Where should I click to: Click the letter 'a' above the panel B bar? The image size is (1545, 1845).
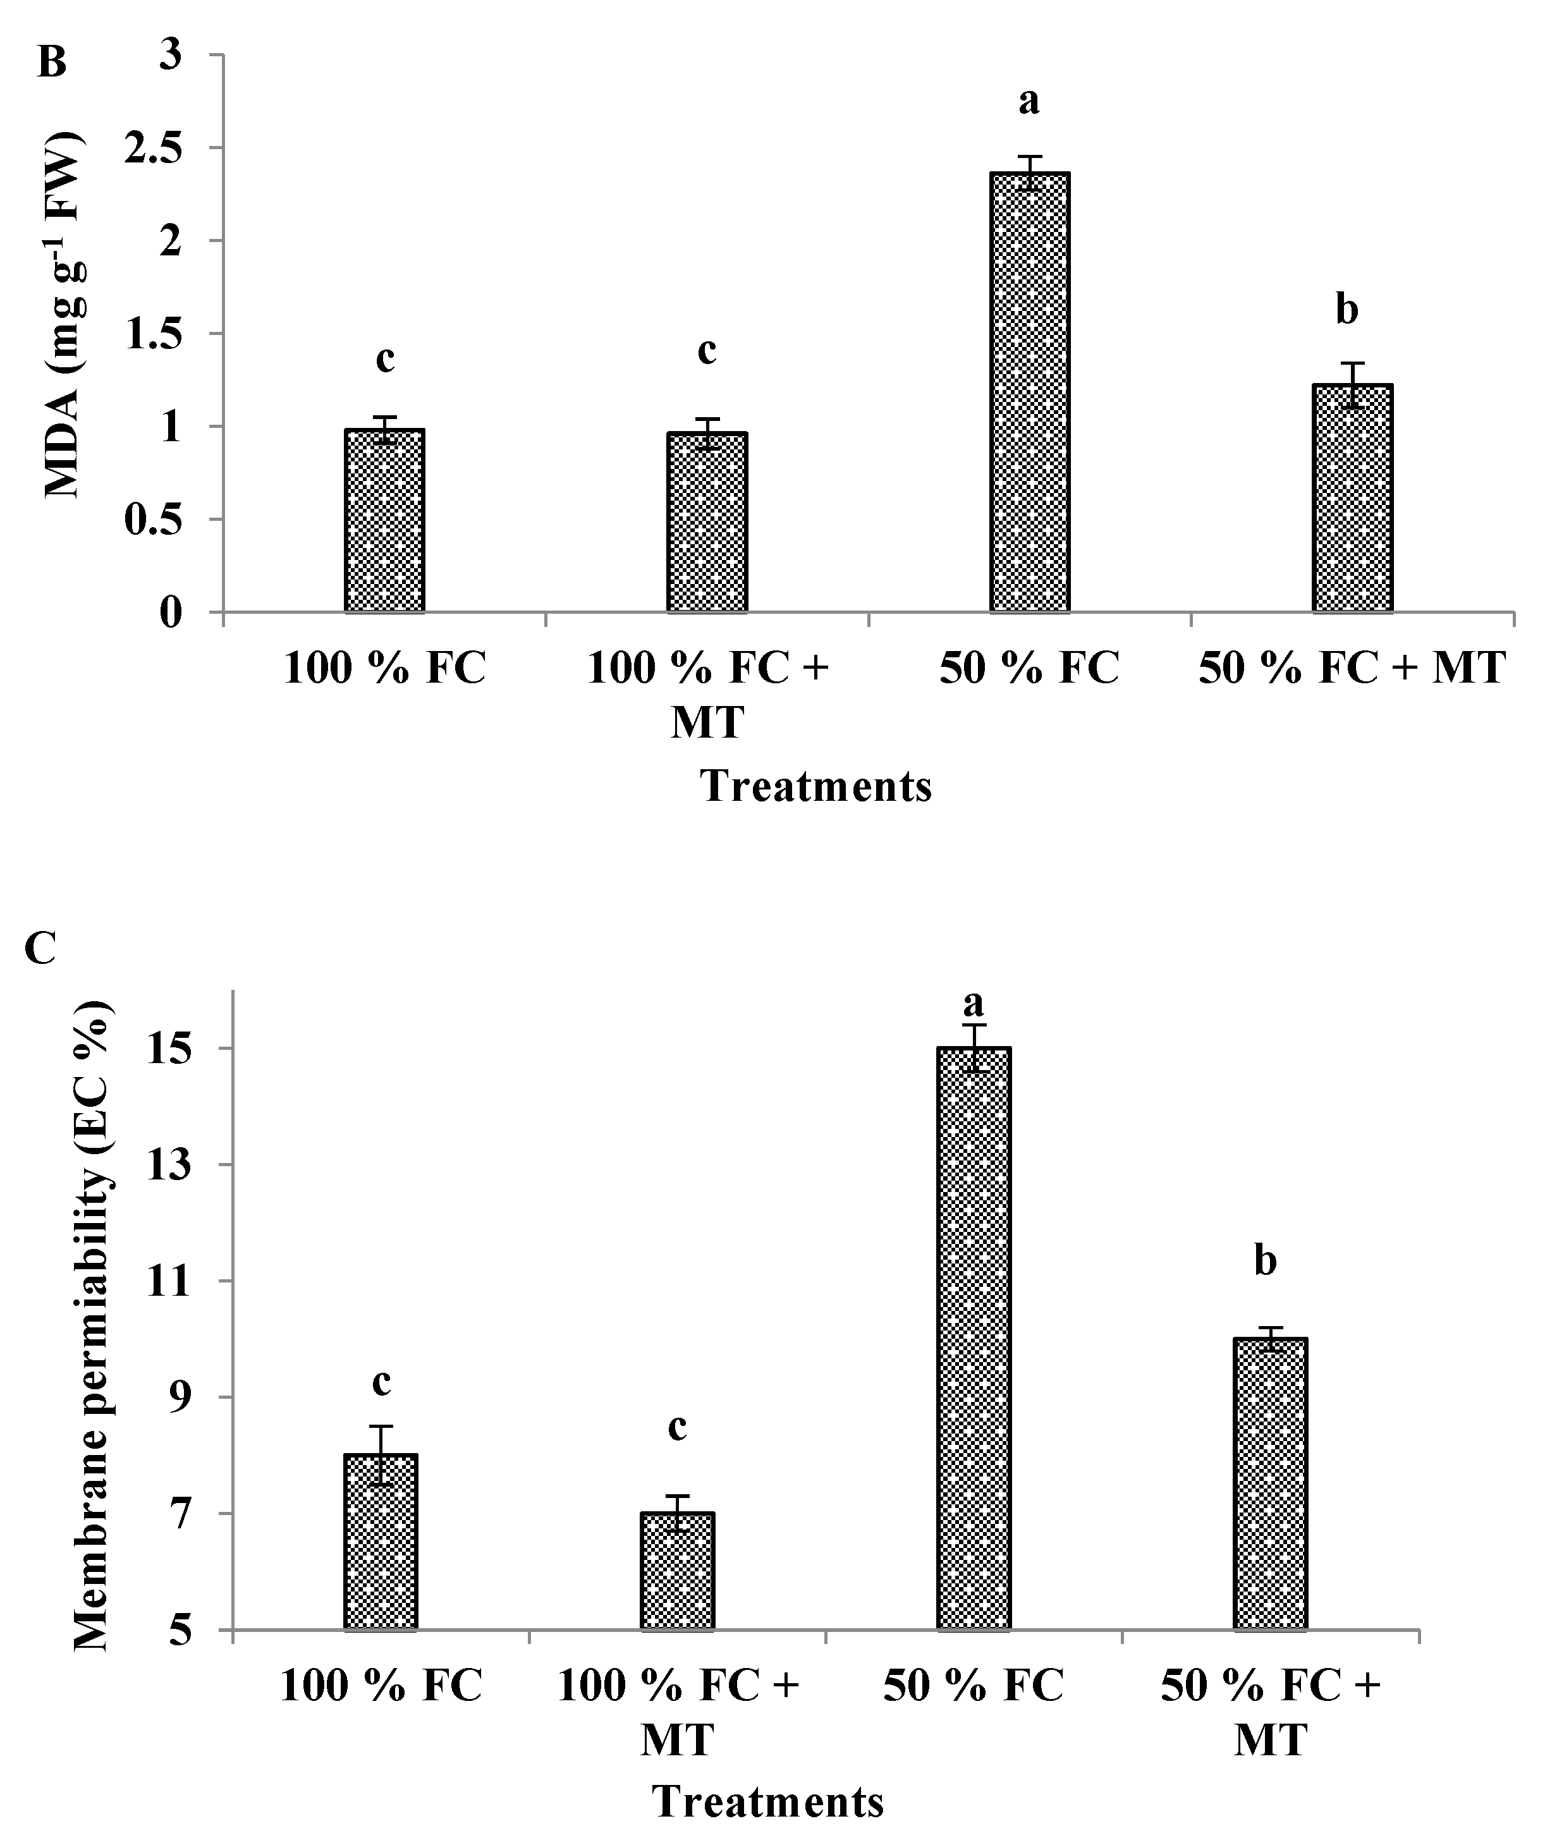[x=1029, y=102]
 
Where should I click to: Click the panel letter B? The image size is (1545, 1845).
[x=52, y=63]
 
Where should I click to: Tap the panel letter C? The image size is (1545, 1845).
[x=41, y=948]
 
